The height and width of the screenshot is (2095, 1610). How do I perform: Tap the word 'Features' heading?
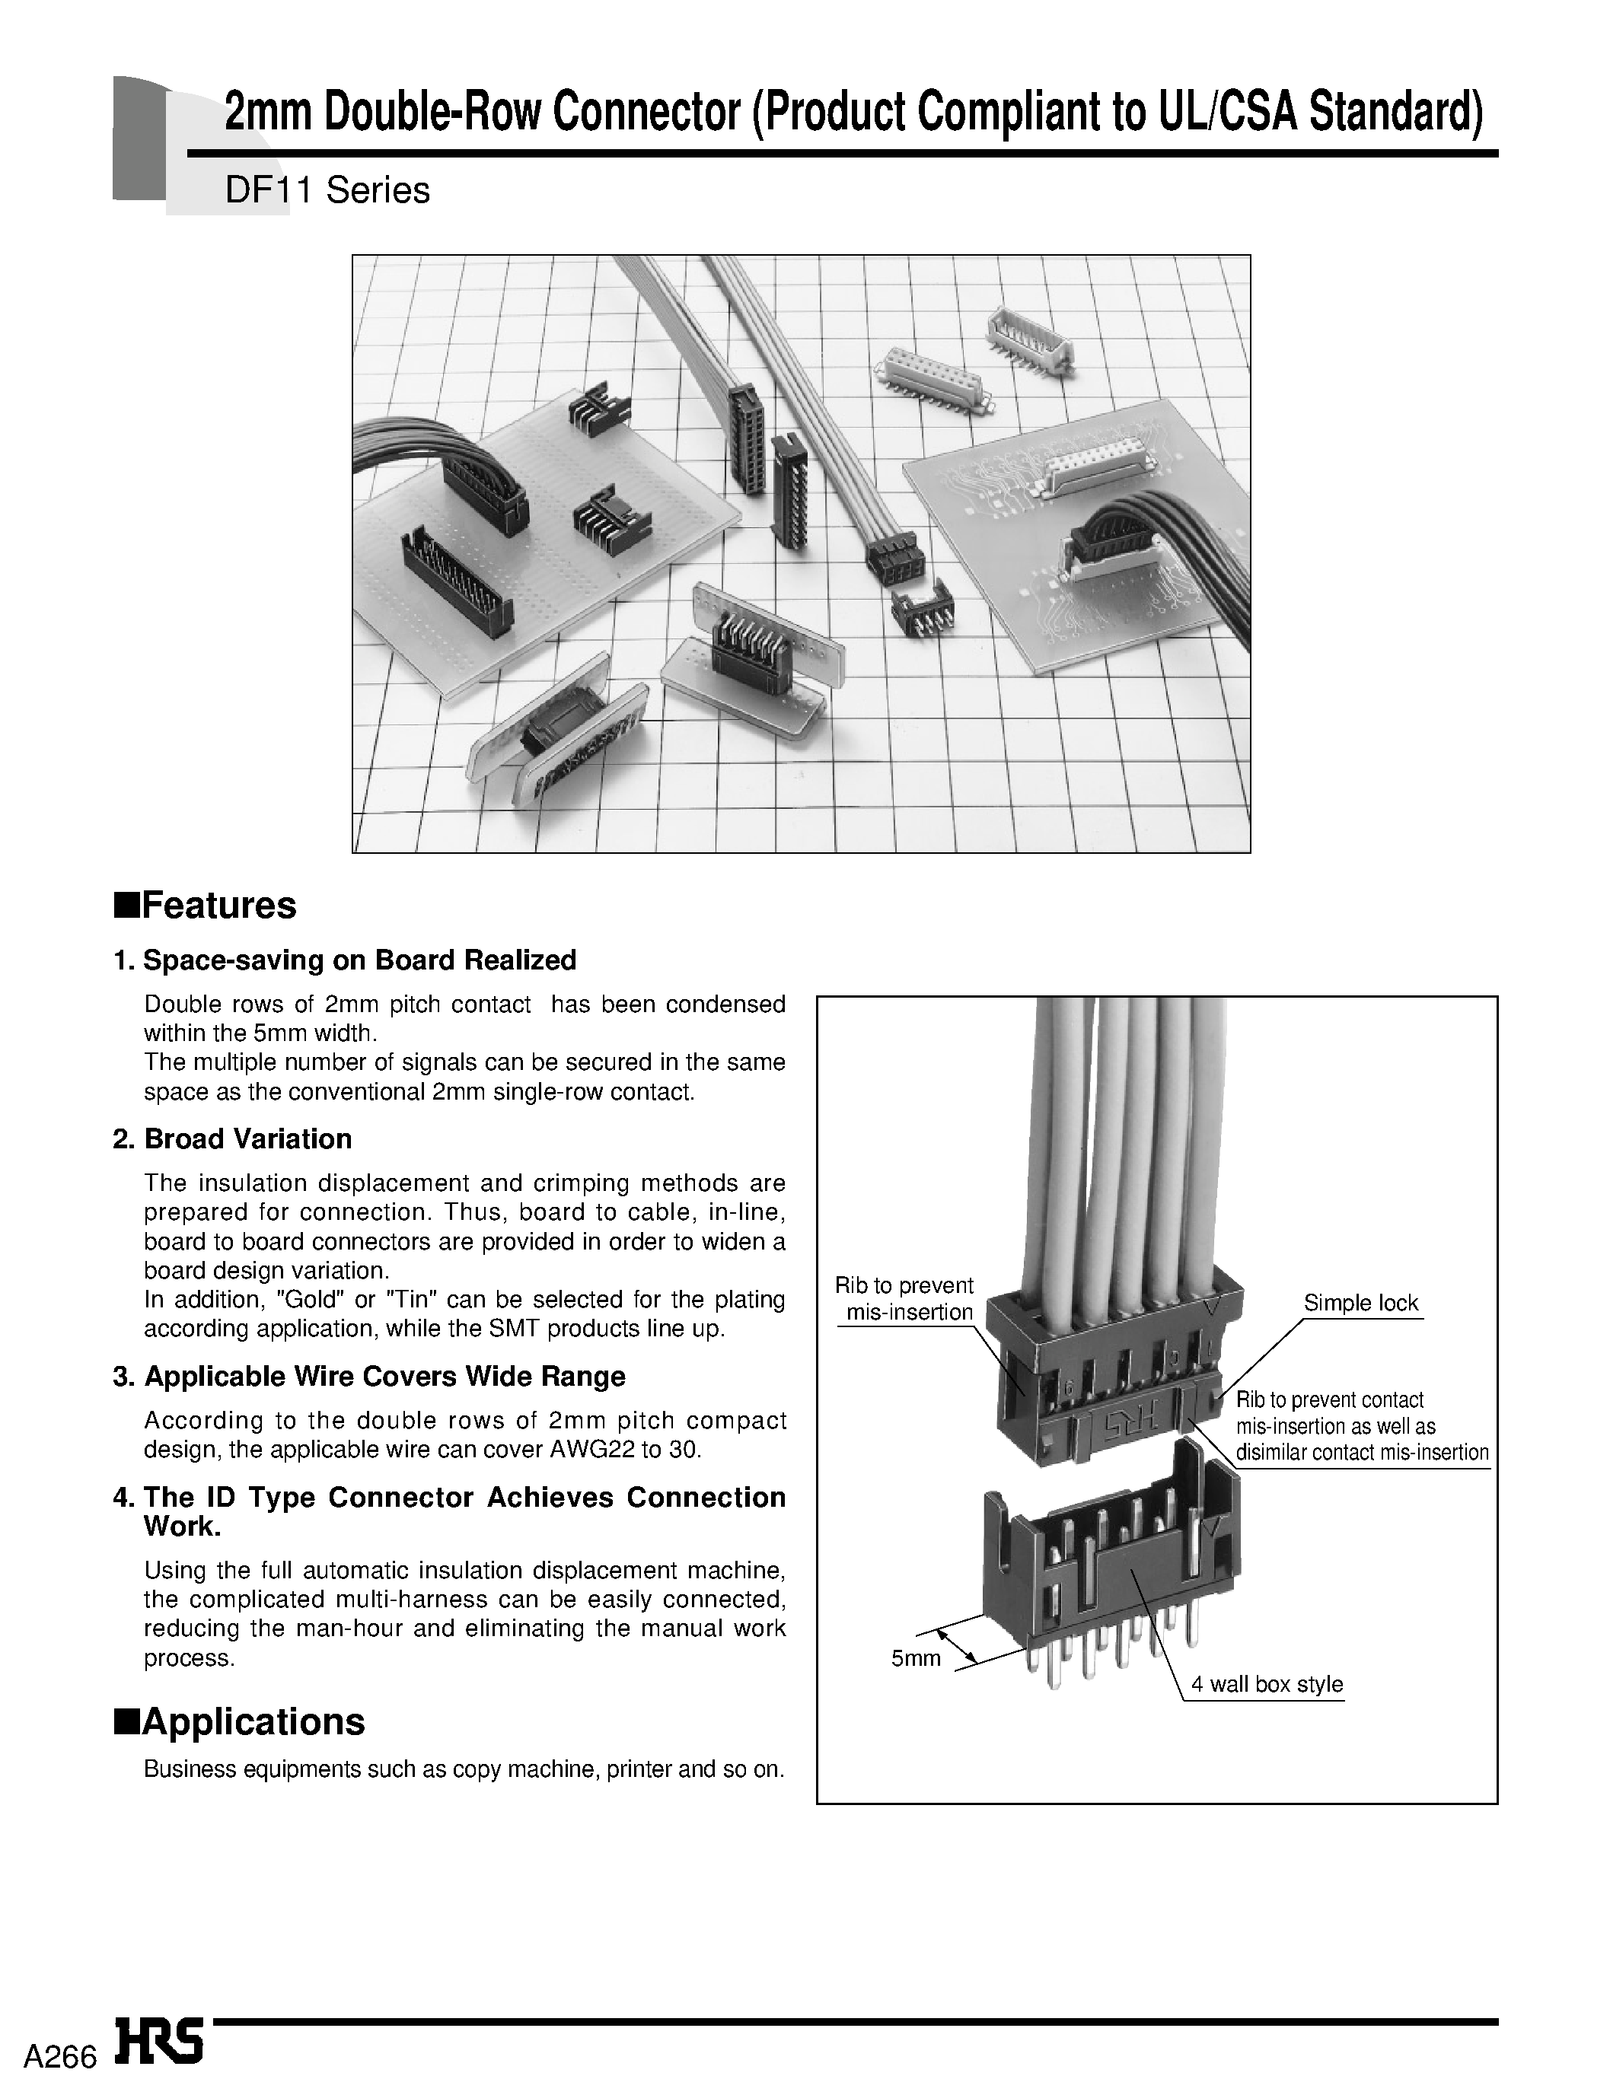click(x=218, y=906)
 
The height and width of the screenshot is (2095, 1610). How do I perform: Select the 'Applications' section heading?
click(x=253, y=1721)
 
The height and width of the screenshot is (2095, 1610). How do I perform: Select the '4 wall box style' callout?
click(x=1266, y=1684)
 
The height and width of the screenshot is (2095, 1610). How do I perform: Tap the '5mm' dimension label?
click(x=915, y=1658)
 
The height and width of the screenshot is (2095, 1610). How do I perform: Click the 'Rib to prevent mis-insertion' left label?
click(x=904, y=1299)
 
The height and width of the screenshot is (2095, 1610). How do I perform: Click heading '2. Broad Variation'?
click(x=232, y=1139)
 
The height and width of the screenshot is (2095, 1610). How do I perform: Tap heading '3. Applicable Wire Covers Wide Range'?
click(x=369, y=1377)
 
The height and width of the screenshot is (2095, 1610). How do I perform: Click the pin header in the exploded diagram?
click(x=1111, y=1571)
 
